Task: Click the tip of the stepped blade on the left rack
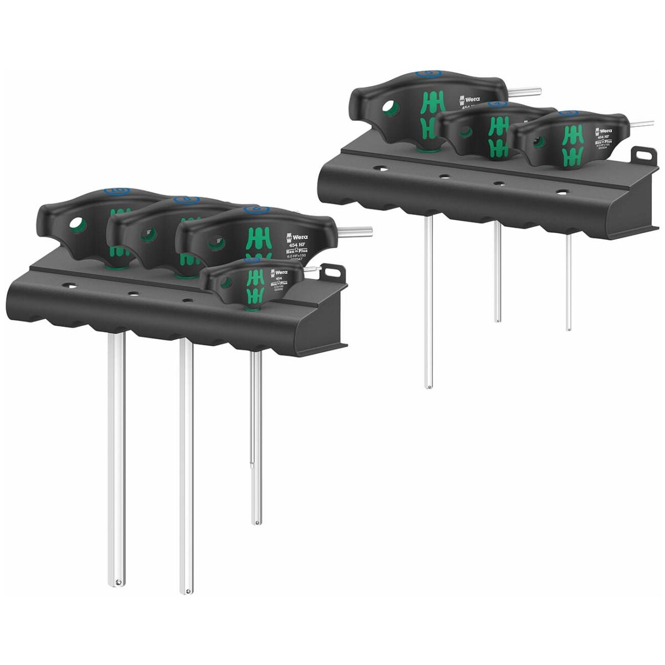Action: [x=256, y=521]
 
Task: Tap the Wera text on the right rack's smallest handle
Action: [x=606, y=123]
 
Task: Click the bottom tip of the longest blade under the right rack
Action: [x=428, y=386]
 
